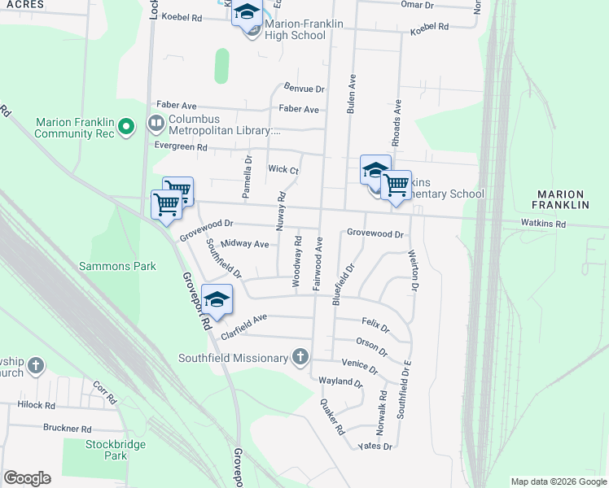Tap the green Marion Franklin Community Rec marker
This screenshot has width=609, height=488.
[125, 127]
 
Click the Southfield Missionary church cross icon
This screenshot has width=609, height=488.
[300, 357]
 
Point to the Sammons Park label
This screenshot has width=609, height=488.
[117, 266]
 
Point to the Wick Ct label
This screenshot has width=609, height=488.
[283, 170]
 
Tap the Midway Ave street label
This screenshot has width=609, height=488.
[250, 244]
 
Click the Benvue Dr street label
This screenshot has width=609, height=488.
[304, 88]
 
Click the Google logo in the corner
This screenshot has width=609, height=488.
[27, 478]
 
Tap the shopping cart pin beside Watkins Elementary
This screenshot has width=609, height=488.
[396, 185]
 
